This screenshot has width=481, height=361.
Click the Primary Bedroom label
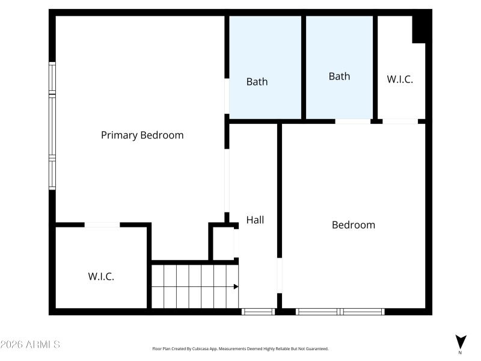142,135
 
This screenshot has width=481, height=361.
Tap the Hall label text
255,220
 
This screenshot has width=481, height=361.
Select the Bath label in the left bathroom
257,82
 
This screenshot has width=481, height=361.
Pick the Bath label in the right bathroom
339,76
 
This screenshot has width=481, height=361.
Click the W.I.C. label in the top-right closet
400,79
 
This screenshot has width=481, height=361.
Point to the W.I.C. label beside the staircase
101,277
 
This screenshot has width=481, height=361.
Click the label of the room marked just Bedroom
354,225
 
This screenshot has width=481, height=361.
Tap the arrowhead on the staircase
236,286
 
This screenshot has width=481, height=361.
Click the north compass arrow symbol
461,341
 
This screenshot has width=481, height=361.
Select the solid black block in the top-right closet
421,27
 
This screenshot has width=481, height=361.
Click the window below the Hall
258,312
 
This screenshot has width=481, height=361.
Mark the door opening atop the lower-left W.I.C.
102,225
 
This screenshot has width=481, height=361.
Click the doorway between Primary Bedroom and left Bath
227,96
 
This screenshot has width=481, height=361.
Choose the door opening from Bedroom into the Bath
352,122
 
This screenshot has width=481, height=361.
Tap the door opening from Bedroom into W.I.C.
400,122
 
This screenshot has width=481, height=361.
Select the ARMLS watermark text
30,345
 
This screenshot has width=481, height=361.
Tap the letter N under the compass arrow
461,353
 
